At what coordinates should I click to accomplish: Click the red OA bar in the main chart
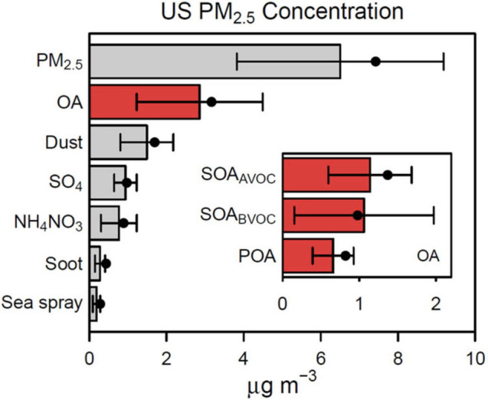coord(145,103)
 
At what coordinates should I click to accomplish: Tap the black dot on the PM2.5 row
coord(375,61)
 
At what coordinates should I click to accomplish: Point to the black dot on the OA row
coord(211,101)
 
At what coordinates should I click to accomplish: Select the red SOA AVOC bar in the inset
coord(326,175)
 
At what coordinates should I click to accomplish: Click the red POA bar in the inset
coord(308,255)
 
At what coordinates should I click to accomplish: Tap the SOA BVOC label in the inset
coord(240,217)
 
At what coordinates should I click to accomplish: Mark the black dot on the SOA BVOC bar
coord(358,215)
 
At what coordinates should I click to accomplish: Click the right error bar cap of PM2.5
coord(444,61)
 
